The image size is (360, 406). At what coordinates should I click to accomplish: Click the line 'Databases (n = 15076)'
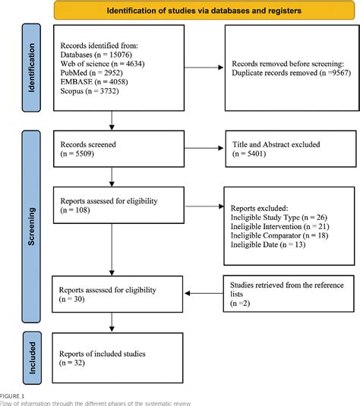pos(100,55)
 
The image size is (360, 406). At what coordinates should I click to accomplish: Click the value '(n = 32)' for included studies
pos(74,364)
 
